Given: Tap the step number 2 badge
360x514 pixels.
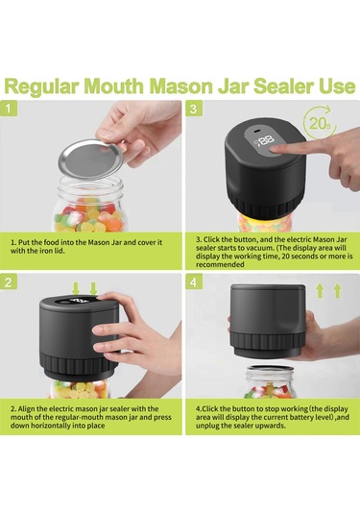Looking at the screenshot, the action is [9, 281].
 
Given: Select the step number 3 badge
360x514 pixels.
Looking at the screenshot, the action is [194, 108].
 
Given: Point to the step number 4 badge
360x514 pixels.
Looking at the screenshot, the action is [194, 281].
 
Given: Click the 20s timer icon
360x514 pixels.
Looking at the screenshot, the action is [320, 123].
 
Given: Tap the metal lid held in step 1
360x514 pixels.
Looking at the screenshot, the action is [92, 159].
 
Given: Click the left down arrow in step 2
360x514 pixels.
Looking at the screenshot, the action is [76, 288].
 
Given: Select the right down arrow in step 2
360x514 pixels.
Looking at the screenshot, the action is [93, 288].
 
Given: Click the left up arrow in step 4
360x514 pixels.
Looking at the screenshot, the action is [320, 291].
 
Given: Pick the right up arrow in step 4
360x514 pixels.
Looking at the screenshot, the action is [337, 291].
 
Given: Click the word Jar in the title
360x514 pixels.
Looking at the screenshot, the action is [232, 86].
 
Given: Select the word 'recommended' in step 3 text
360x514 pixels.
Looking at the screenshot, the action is [220, 264].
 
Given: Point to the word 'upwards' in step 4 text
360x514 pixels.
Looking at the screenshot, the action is [273, 426].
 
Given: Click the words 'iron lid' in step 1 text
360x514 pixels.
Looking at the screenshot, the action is [54, 251].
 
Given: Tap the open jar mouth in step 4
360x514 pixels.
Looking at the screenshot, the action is [271, 369].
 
